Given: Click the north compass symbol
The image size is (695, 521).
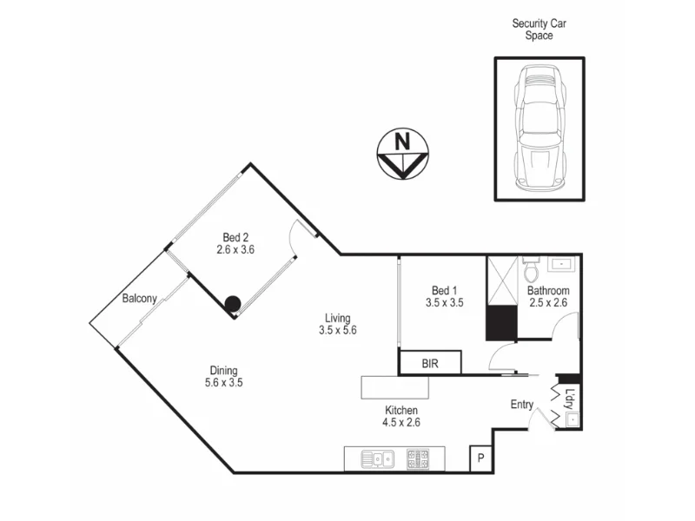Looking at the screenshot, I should point(402,155).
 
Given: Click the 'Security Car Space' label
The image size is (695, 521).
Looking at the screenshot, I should point(539,30).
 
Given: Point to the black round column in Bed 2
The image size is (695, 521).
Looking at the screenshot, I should point(232,303).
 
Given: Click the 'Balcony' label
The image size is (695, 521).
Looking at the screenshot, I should point(139,299).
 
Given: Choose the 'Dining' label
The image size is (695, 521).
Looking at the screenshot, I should point(222,370).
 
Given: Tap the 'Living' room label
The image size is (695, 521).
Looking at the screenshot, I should point(338,318).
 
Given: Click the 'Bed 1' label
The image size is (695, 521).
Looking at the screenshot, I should point(443,291).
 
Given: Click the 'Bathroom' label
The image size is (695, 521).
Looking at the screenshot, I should point(548,291).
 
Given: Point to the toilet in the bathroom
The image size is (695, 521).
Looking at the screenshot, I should point(531,262).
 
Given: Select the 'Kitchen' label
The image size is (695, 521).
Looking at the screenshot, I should point(402,411).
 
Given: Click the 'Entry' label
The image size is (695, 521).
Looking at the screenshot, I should point(522,405).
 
